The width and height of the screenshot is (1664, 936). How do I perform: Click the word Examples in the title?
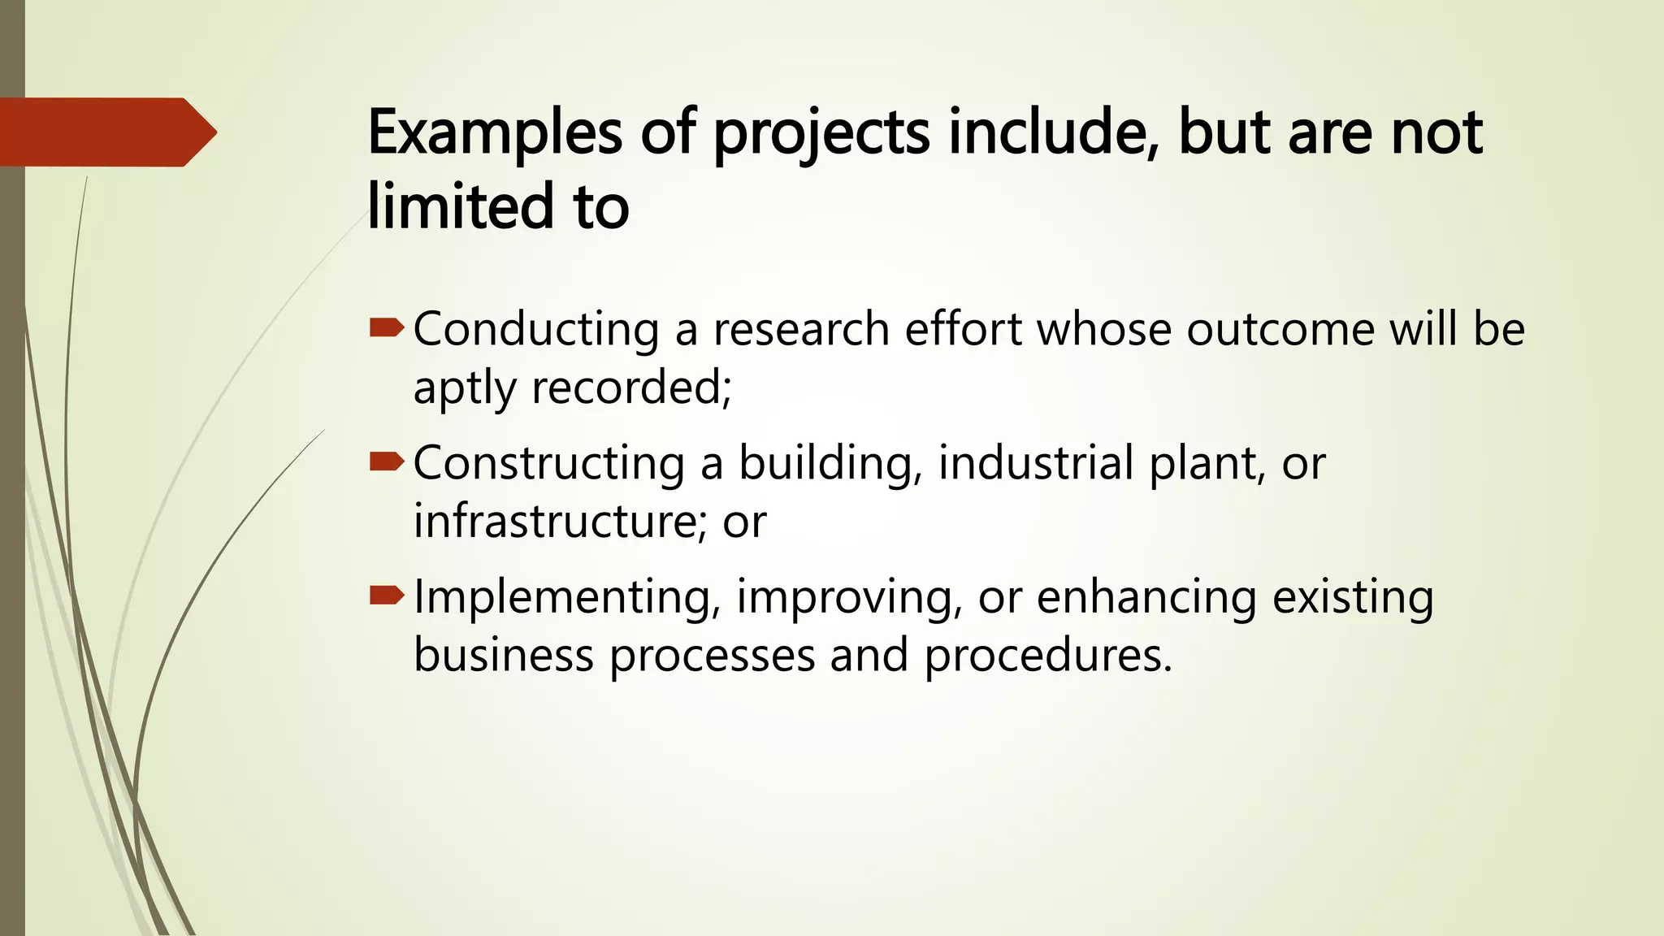(495, 132)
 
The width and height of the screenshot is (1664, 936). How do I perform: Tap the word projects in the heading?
(821, 134)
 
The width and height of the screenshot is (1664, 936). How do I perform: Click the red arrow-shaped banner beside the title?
(106, 132)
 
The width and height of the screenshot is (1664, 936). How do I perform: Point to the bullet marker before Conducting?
(386, 328)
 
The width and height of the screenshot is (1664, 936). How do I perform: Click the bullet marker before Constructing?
(386, 462)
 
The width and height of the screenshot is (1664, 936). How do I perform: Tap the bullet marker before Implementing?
(386, 596)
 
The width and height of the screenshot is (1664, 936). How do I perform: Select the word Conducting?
(535, 330)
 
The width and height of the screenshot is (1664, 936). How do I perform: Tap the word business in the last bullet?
(504, 655)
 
